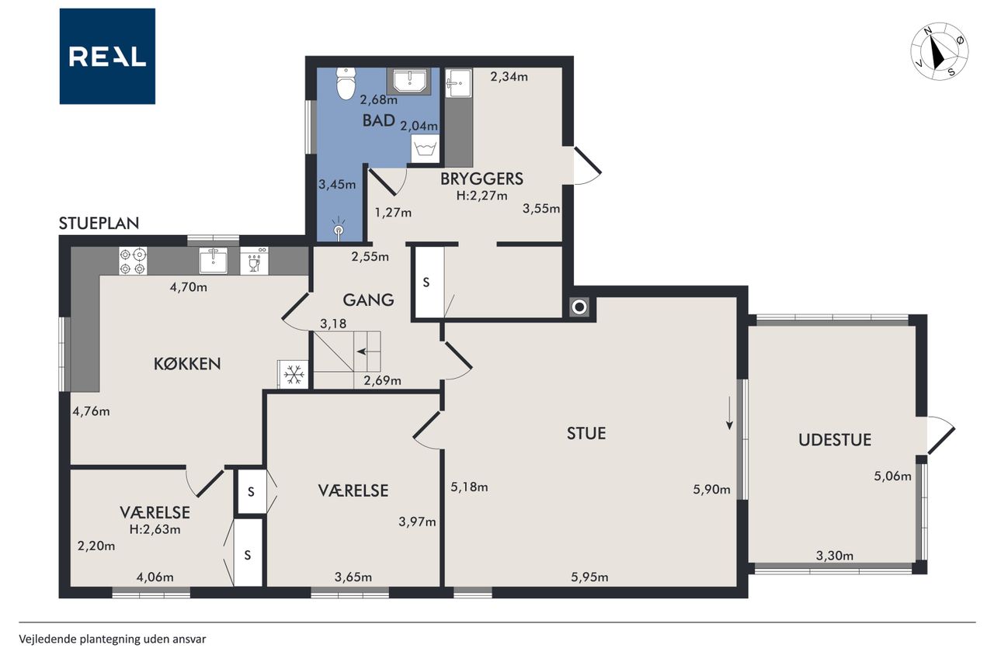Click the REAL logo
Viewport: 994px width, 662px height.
tap(107, 57)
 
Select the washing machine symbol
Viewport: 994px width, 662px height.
tap(425, 148)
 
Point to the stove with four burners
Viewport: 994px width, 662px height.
tap(133, 262)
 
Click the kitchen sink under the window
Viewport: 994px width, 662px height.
tap(214, 261)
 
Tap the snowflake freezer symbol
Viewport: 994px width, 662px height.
tap(294, 375)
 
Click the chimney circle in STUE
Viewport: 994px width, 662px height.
tap(579, 307)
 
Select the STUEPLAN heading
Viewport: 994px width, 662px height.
tap(99, 223)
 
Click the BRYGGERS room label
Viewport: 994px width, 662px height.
tap(481, 178)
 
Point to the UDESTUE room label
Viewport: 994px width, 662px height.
tap(835, 440)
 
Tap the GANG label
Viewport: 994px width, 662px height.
tap(368, 300)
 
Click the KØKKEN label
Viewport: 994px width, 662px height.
tap(187, 363)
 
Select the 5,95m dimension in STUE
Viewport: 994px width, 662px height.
tap(589, 577)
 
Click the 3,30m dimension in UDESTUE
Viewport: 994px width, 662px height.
tap(835, 556)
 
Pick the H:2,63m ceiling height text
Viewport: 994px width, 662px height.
tap(155, 529)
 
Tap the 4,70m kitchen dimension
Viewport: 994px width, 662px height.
tap(188, 287)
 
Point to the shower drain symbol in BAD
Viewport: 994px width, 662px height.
tap(339, 229)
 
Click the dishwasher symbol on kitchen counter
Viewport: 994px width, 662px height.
tap(254, 262)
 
